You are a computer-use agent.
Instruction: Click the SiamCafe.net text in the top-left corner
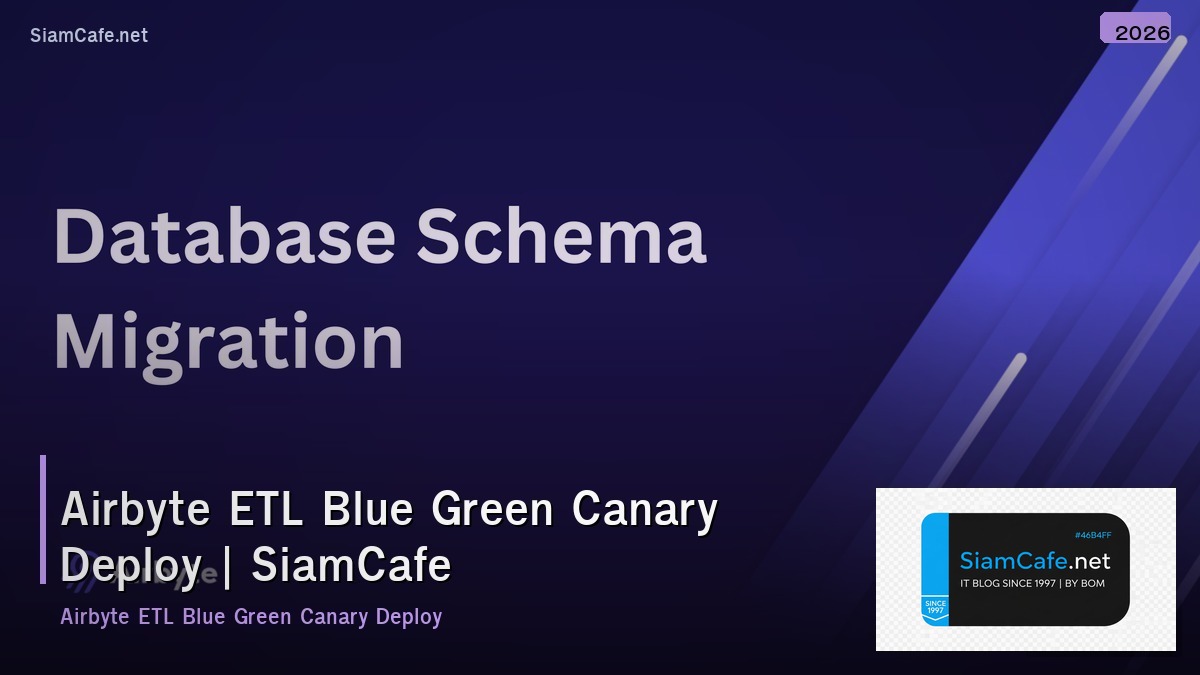[89, 35]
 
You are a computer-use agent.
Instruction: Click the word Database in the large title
[224, 236]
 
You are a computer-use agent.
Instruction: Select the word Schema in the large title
[561, 236]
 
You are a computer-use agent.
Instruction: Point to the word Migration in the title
[228, 343]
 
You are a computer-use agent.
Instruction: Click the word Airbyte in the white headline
[135, 509]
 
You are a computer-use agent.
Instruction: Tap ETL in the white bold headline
[265, 509]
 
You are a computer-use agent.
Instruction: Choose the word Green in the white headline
[492, 509]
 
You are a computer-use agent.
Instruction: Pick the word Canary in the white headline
[645, 509]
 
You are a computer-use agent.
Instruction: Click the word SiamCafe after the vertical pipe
[351, 565]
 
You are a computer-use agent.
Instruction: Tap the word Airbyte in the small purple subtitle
[94, 616]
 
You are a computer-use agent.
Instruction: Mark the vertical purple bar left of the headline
[43, 519]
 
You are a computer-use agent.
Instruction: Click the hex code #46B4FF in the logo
[1092, 536]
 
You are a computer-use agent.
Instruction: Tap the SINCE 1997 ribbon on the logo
[934, 608]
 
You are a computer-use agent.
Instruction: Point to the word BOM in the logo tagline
[1093, 583]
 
